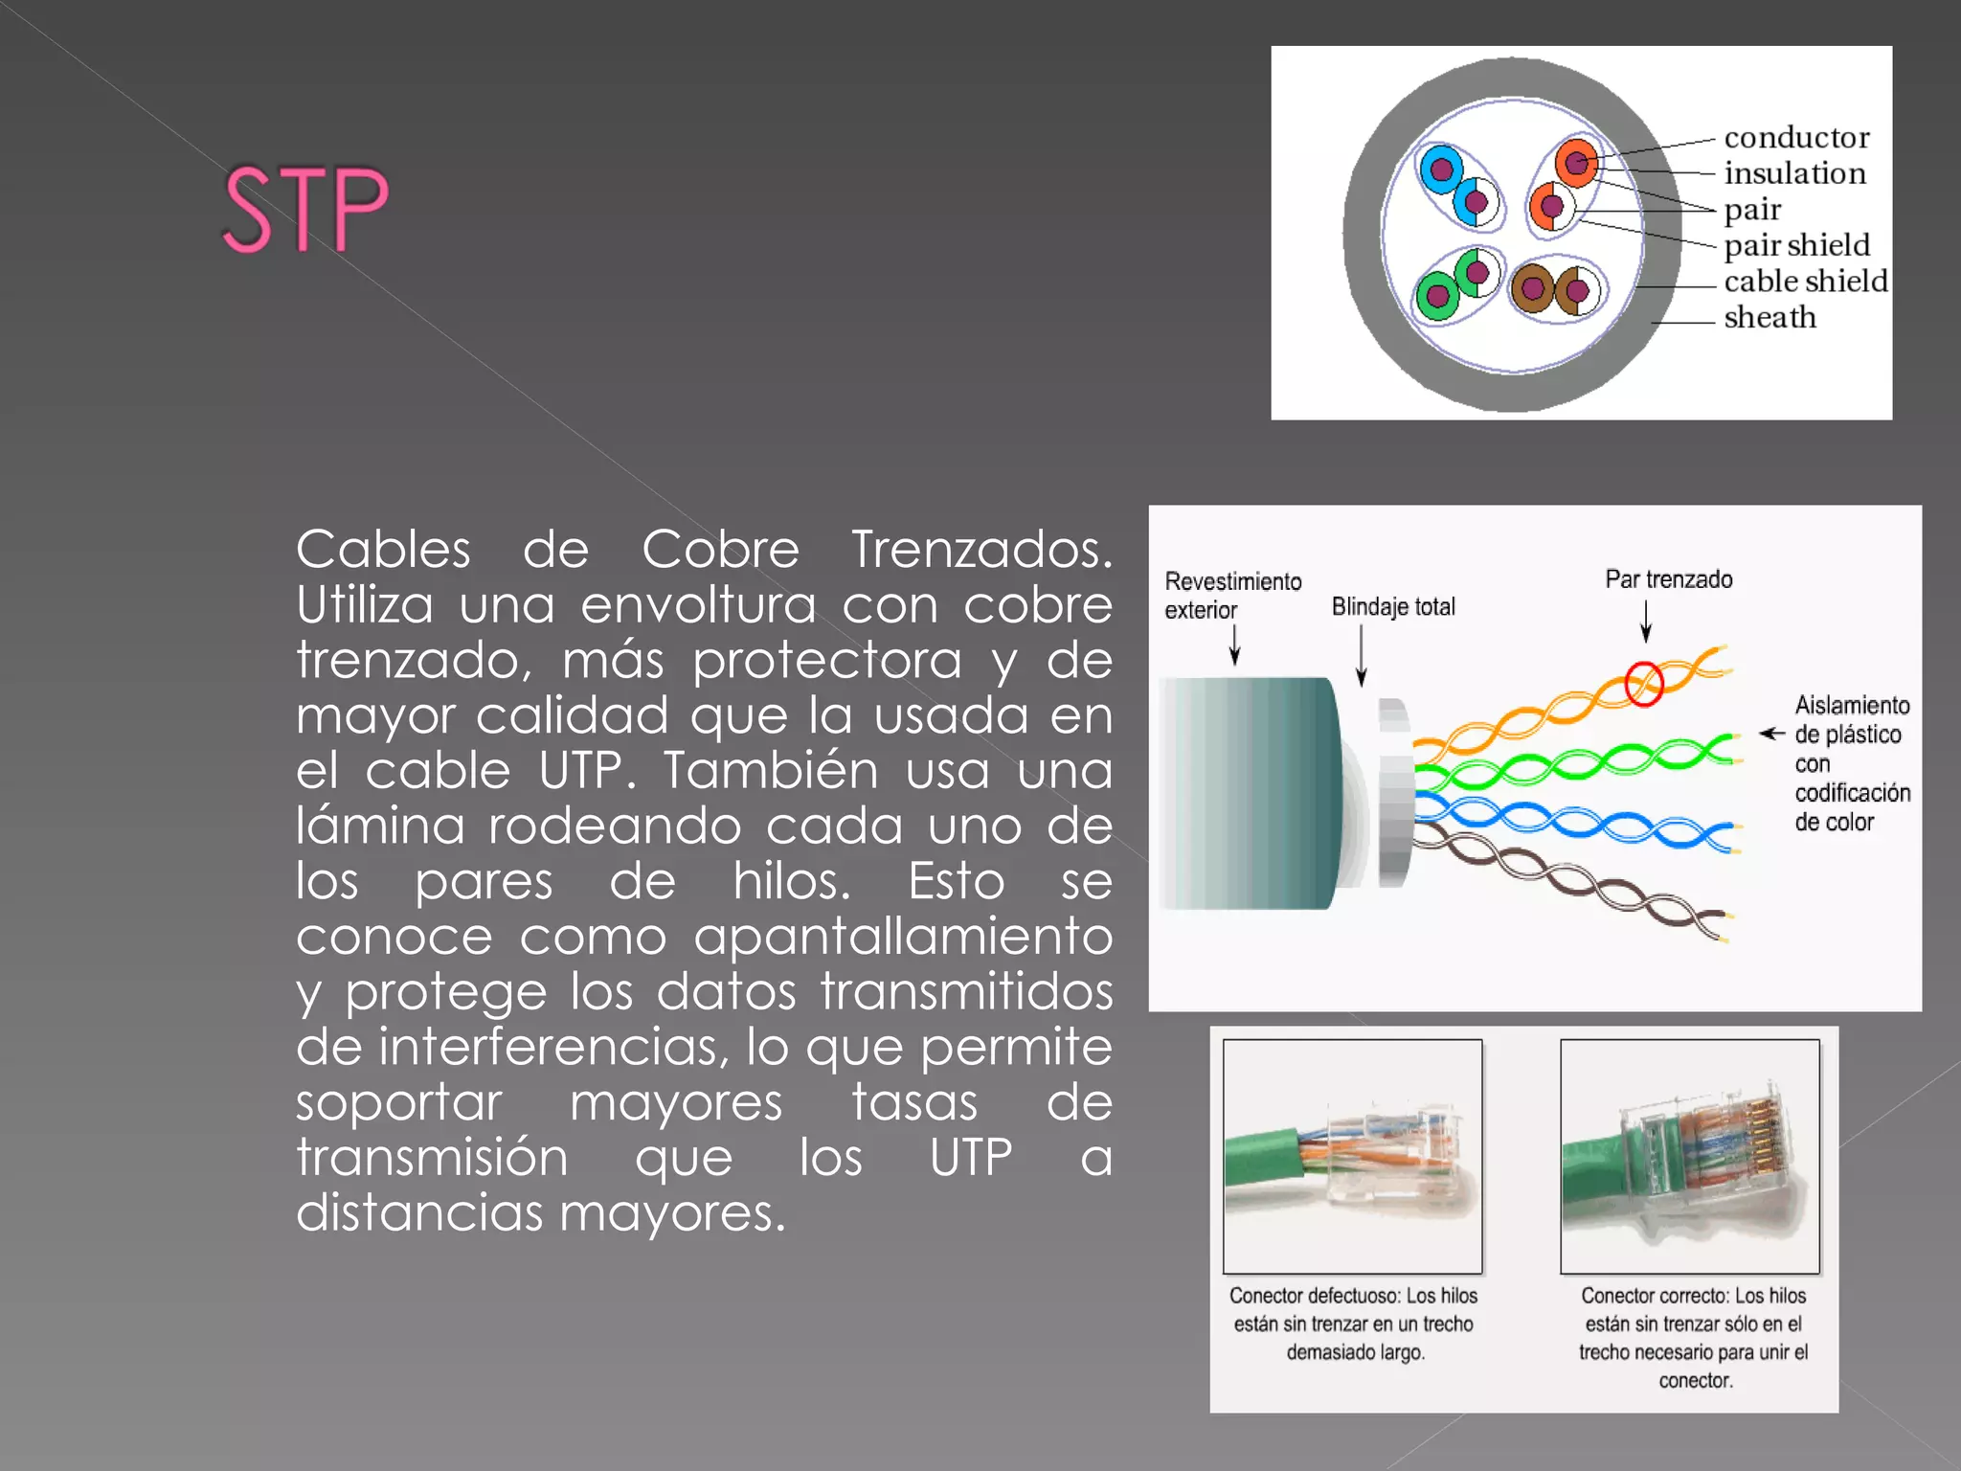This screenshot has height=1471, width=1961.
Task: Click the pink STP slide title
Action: (304, 208)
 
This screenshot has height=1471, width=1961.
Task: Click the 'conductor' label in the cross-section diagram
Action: (1796, 138)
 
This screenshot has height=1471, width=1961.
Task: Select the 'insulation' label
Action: (1794, 173)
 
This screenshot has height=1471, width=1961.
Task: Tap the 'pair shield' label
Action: (1796, 245)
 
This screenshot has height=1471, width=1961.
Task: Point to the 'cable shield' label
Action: (1805, 282)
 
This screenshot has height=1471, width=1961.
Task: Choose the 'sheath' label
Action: (1769, 317)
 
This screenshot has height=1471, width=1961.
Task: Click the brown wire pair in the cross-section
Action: (1557, 289)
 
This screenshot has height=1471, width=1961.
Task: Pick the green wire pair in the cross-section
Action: (1457, 284)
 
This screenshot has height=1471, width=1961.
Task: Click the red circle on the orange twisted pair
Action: (1644, 684)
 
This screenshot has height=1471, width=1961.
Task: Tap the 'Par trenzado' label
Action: (1668, 579)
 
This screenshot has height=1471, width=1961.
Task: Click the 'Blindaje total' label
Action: (1392, 606)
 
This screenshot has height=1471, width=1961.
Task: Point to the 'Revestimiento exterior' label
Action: (1231, 595)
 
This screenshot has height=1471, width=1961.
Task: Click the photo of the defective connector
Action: (1352, 1156)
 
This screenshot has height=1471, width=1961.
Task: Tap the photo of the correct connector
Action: (1689, 1156)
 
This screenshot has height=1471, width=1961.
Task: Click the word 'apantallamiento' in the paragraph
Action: (902, 936)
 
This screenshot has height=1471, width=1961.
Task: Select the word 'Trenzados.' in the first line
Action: (981, 550)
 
